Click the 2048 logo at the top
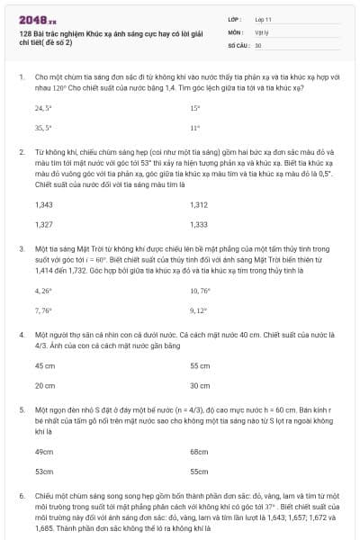(31, 18)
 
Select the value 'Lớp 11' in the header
(264, 19)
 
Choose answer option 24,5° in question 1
(43, 107)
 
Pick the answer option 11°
(195, 128)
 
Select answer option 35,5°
(43, 128)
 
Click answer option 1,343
(43, 204)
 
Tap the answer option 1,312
(199, 204)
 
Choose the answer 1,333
(199, 224)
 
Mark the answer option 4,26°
(43, 291)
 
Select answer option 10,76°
(200, 291)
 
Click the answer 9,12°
(199, 310)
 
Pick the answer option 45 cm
(44, 366)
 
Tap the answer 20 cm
(44, 385)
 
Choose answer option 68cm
(199, 451)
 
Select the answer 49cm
(43, 451)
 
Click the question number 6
(21, 496)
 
